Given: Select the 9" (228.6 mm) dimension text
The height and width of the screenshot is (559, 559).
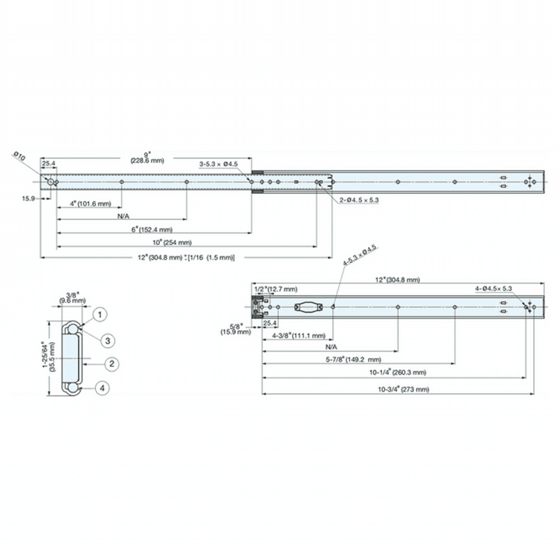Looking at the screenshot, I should pos(148,157).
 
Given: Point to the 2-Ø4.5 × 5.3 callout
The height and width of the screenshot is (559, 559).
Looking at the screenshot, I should pos(358,200).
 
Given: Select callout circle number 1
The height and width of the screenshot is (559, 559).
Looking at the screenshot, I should pos(100,315).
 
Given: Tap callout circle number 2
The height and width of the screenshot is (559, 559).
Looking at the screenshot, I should pos(112,364).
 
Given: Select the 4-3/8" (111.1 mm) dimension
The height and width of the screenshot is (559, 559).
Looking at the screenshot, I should pos(299,336).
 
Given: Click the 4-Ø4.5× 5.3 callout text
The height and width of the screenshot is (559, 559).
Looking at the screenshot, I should pos(494,288).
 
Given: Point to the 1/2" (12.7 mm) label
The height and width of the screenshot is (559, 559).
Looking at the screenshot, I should pos(276,289).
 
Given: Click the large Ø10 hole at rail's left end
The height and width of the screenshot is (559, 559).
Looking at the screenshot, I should pos(51,182).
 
